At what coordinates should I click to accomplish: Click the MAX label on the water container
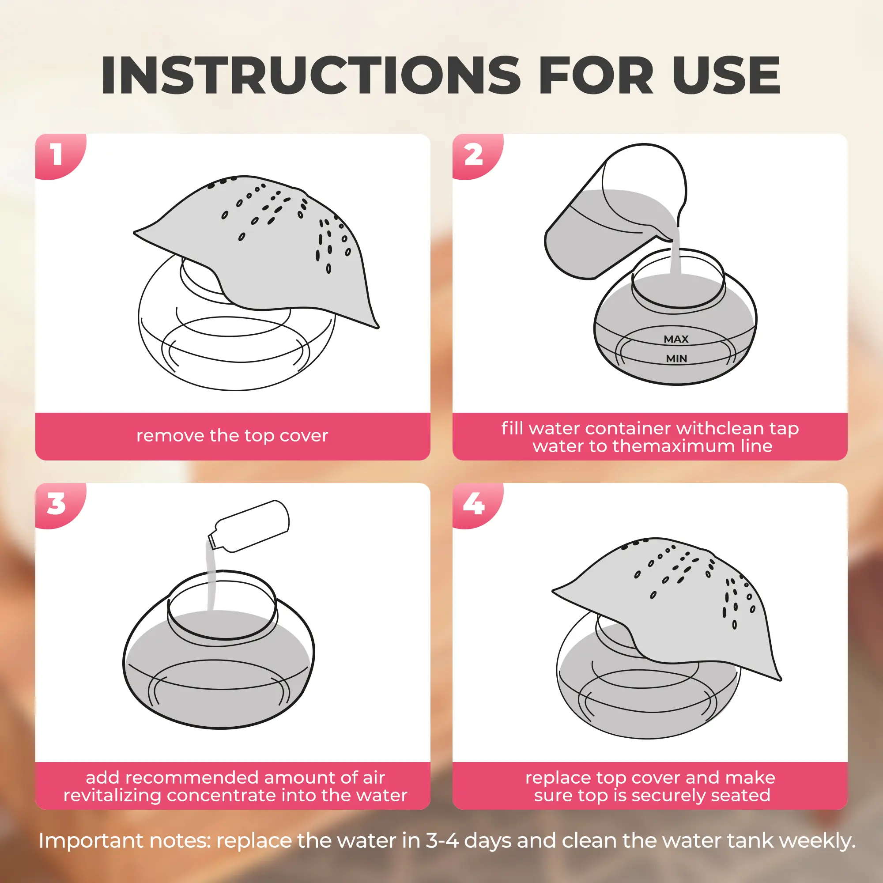point(676,339)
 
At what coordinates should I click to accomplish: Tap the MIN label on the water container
point(676,359)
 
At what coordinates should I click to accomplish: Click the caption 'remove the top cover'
point(232,436)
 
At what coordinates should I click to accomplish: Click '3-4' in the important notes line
point(442,841)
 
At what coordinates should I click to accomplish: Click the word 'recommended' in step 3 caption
point(174,777)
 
